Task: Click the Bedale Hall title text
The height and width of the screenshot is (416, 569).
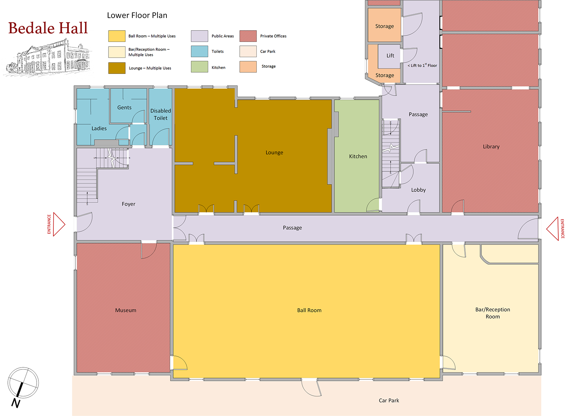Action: coord(48,28)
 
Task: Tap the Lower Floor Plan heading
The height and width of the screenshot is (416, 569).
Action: coord(137,15)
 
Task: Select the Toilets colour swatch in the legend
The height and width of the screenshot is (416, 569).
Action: coord(199,51)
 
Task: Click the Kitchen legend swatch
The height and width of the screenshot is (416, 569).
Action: coord(199,67)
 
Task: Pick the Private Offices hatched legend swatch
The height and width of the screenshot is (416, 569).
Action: coord(248,36)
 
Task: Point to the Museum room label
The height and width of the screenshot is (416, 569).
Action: coord(126,310)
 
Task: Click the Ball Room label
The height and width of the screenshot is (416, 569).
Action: coord(309,310)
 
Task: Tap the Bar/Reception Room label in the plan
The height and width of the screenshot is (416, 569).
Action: coord(493,313)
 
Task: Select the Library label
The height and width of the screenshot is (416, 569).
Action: coord(491,146)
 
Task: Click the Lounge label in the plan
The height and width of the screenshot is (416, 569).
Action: coord(274,152)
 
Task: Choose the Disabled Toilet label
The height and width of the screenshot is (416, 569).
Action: coord(160,114)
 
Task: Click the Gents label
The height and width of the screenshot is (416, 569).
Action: coord(124,107)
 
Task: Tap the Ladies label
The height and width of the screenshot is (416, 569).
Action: coord(99,128)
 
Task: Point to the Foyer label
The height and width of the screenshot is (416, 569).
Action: coord(128,204)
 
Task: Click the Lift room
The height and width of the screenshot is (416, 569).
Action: coord(390,56)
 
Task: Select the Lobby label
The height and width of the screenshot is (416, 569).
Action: coord(418,190)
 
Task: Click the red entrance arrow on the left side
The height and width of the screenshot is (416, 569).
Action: coord(59,224)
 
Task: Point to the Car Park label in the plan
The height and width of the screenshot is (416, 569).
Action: coord(389,400)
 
